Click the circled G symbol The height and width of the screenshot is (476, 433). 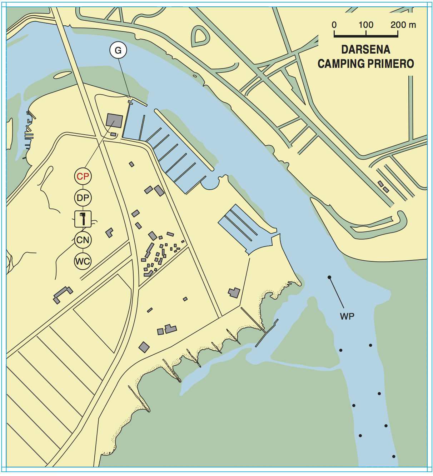coord(118,50)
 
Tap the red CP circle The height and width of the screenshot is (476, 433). coord(83,176)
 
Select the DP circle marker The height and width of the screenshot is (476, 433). coord(83,198)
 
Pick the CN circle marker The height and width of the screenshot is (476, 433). coord(83,240)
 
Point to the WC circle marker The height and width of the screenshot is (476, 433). coord(83,261)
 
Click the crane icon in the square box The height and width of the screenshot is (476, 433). coord(83,219)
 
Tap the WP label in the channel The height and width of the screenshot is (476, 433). coord(347,316)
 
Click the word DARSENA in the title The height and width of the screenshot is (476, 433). coord(365,50)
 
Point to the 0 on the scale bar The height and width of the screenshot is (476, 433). coord(334,25)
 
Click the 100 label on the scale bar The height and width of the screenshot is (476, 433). coord(366,25)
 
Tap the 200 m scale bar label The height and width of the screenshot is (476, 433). coord(403,25)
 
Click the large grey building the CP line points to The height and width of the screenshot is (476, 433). coord(114,121)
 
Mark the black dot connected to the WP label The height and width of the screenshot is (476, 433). coord(329,277)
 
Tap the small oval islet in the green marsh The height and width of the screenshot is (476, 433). coord(63,75)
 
